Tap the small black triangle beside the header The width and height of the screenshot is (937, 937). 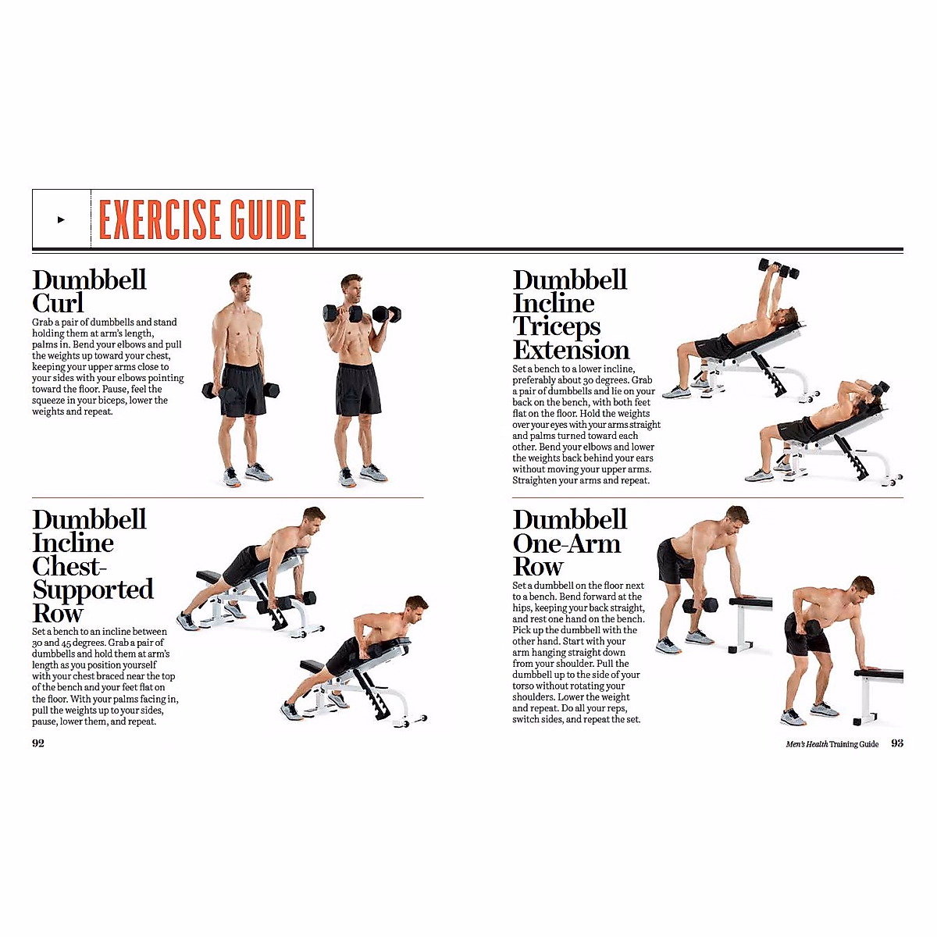[x=61, y=219]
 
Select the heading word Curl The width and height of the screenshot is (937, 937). [x=58, y=303]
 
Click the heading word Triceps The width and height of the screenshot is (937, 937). [x=557, y=326]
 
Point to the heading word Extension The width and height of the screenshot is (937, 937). [x=571, y=350]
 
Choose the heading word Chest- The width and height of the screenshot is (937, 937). [x=69, y=566]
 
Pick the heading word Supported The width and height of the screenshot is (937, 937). [x=93, y=590]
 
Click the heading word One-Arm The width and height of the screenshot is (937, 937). [x=566, y=543]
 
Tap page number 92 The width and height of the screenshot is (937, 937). [x=38, y=743]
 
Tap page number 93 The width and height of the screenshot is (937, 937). [x=897, y=743]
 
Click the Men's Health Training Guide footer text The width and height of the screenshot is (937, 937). [x=832, y=744]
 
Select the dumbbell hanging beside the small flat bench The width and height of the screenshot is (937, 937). [x=700, y=605]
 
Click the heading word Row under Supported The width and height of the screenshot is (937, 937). [x=57, y=613]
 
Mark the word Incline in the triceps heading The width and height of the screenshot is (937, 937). [x=554, y=303]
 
